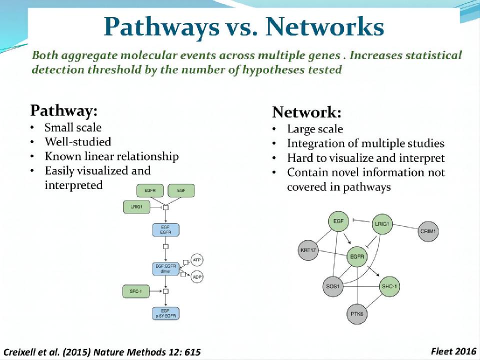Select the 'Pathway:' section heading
[x=63, y=110]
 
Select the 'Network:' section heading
[x=306, y=111]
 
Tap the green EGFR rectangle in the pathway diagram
[x=150, y=190]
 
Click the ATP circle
[x=196, y=260]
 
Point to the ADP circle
[x=196, y=276]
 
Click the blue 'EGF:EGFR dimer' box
[x=165, y=268]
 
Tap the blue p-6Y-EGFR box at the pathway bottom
[x=165, y=313]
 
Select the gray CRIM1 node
[x=428, y=231]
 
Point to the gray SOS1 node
[x=331, y=287]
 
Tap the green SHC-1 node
[x=389, y=287]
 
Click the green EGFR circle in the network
[x=357, y=257]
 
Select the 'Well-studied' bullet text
[x=77, y=142]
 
